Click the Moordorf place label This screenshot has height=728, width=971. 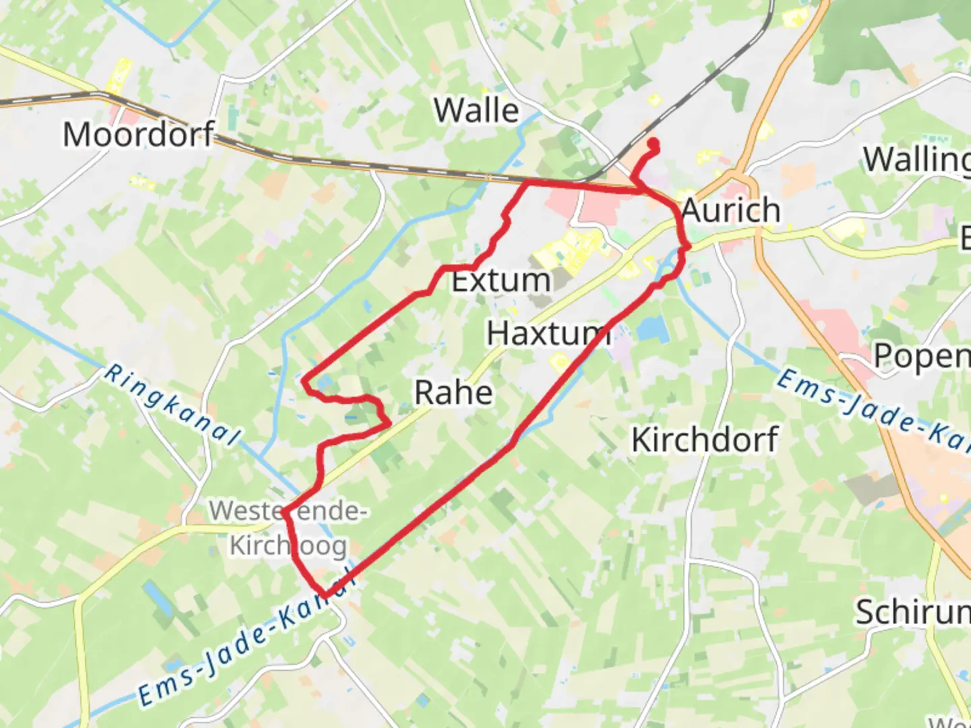point(139,134)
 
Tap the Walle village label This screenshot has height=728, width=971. point(477,110)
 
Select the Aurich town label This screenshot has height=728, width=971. point(731,210)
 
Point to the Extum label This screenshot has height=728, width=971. point(500,280)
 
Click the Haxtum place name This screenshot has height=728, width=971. point(548,333)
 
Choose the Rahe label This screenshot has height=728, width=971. point(453,392)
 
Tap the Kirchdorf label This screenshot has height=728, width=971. point(705,439)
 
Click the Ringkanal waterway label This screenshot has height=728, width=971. point(173,404)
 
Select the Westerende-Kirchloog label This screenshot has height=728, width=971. point(288,528)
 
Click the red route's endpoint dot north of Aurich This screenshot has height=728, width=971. point(653,143)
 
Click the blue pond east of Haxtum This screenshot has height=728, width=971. point(652,330)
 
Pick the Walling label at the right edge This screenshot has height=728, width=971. point(917,160)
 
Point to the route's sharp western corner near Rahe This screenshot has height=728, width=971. point(305,381)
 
